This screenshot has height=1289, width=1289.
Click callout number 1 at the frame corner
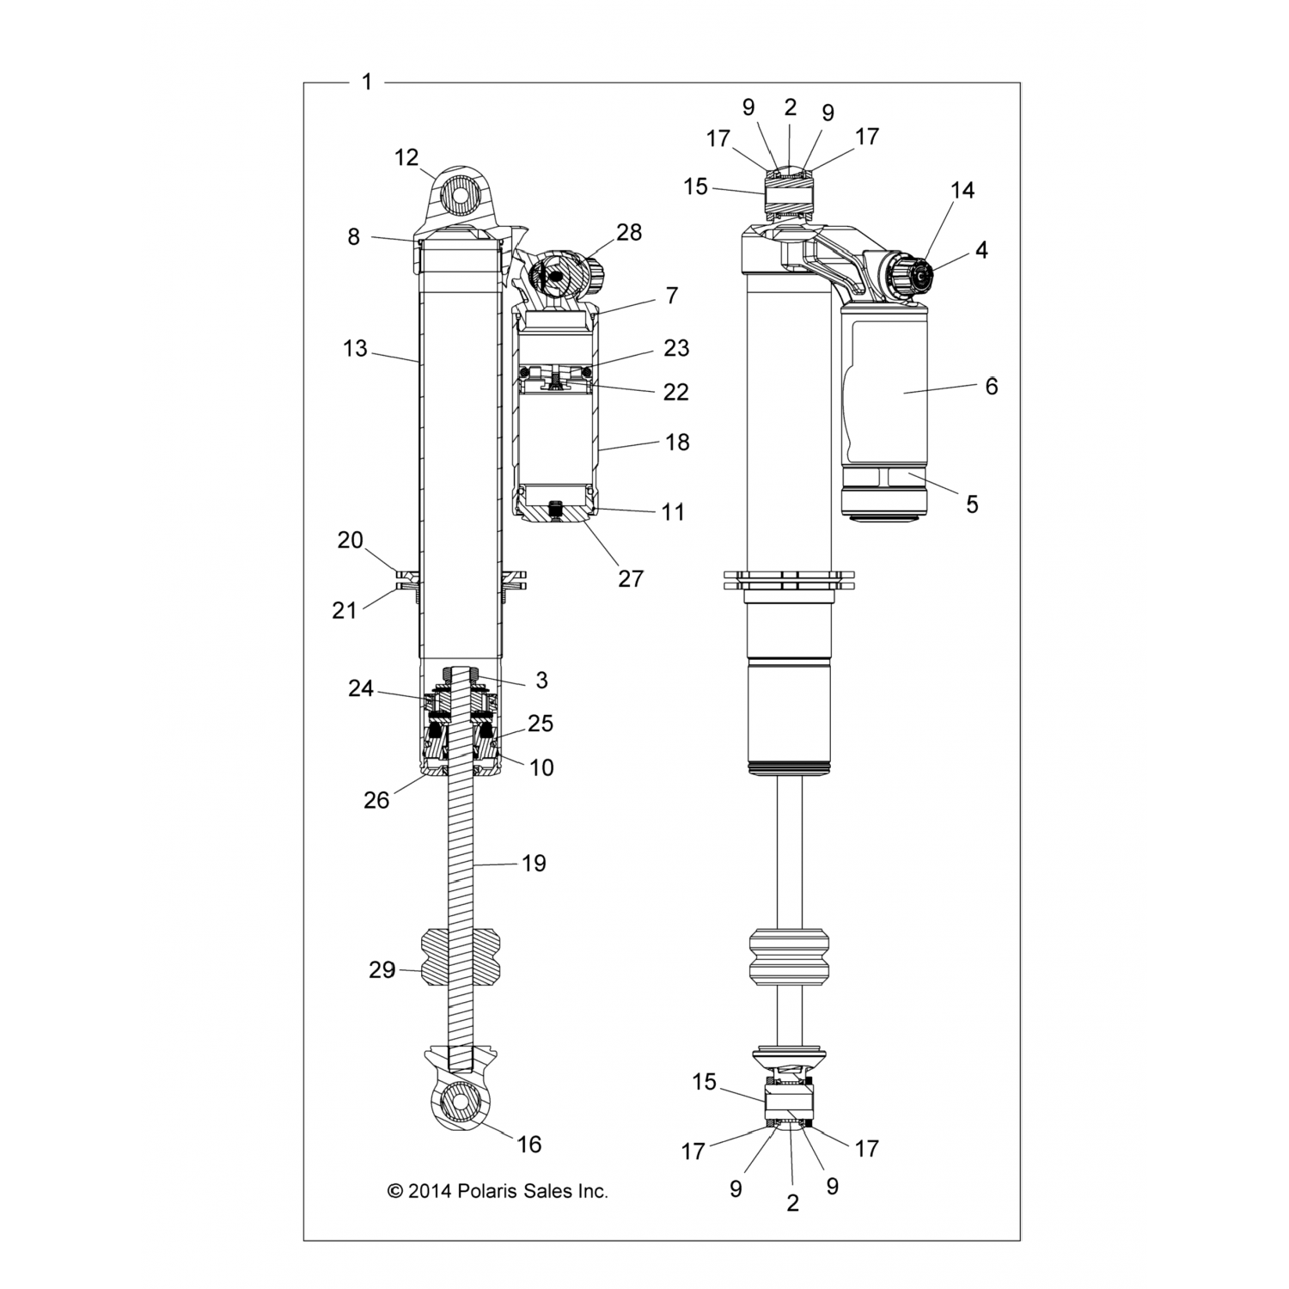367,82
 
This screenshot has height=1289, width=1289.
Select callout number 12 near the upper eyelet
406,157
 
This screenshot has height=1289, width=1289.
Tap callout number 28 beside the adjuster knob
630,233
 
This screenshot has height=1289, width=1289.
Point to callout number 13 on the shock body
355,349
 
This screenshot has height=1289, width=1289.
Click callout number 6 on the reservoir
992,387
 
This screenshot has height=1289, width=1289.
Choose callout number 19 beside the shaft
535,863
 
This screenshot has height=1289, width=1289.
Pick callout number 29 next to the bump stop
382,970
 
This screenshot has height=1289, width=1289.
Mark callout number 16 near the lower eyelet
529,1145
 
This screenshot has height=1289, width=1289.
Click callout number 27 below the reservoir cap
631,579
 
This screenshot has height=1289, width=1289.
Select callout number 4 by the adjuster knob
981,250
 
